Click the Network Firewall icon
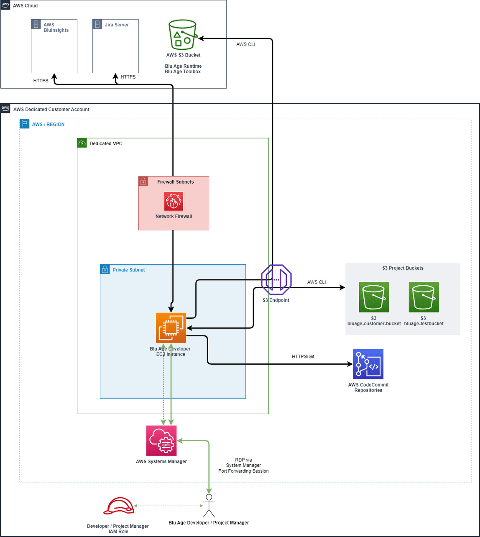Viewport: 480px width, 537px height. click(174, 201)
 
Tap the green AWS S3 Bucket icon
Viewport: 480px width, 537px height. click(183, 35)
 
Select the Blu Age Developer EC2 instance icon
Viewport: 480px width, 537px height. click(171, 327)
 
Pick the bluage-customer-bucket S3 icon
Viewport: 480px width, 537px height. click(374, 297)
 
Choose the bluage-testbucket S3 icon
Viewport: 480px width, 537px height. click(424, 297)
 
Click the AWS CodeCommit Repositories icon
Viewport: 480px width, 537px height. click(368, 364)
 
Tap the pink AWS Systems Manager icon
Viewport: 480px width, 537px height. click(161, 440)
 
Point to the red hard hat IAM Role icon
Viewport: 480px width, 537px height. click(119, 506)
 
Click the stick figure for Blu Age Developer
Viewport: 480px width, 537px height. click(209, 506)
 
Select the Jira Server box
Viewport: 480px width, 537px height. click(115, 46)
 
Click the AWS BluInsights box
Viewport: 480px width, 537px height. click(54, 46)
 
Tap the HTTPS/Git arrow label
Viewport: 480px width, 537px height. click(303, 357)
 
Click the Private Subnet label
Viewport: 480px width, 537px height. click(128, 270)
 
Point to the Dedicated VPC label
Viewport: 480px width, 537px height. click(106, 143)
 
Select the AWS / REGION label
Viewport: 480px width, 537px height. click(48, 125)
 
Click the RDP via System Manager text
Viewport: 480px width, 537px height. click(243, 465)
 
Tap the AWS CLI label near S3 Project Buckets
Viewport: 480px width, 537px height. click(316, 282)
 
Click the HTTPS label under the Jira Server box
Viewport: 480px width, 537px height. click(128, 77)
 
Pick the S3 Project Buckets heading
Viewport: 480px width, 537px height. click(403, 268)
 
